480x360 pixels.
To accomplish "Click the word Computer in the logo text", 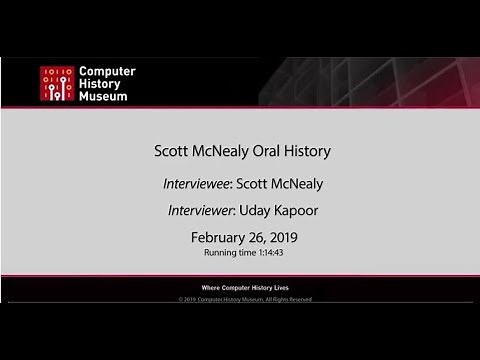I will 107,72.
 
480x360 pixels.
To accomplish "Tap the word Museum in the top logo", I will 104,97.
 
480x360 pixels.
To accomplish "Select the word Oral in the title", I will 258,152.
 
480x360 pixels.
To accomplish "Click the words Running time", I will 227,253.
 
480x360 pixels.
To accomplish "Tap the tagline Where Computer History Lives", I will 240,287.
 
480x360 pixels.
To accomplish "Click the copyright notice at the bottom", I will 240,298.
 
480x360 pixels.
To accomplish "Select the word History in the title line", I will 303,152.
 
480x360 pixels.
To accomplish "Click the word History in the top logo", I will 101,84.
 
